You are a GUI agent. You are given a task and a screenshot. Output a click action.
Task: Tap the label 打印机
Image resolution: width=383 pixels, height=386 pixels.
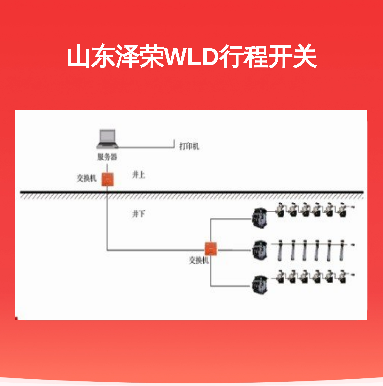189,146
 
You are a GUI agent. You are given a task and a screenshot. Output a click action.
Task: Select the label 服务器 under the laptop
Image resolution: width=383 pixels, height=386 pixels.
107,157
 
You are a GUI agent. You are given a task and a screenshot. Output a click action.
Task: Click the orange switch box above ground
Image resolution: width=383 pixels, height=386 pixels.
107,180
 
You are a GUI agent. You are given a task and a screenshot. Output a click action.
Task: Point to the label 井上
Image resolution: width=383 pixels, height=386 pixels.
139,175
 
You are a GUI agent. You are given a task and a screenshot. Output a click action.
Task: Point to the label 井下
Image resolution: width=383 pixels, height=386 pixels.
139,214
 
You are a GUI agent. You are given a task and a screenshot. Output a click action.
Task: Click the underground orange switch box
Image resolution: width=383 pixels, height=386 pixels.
211,249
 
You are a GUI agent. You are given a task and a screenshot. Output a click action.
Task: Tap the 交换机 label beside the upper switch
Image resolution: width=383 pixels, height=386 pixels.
87,178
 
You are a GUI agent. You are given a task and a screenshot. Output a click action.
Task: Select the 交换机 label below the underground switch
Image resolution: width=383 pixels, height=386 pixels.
199,260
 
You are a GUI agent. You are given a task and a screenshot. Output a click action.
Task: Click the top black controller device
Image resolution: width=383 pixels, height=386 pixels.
260,218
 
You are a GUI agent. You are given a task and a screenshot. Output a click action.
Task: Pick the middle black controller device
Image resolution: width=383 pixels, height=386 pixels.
260,250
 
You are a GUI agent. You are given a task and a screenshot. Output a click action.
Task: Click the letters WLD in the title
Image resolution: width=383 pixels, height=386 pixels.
192,56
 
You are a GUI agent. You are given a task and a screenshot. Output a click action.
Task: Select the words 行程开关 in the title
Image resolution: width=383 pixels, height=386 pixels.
268,56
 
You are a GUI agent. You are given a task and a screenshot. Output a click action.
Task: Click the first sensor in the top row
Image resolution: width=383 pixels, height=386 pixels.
280,210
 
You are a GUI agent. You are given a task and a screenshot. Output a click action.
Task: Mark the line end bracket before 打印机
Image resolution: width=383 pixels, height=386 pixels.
174,144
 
